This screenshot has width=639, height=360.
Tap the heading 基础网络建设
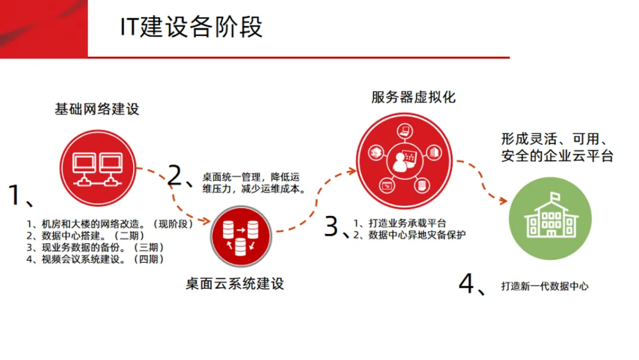97,110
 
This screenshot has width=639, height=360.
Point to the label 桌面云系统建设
235,284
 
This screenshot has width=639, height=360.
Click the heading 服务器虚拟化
414,97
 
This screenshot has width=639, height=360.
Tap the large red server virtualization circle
406,155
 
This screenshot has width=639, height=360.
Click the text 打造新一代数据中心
545,286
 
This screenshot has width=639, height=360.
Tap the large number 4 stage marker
467,284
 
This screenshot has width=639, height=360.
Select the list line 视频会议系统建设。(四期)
95,259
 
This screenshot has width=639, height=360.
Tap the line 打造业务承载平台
408,223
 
